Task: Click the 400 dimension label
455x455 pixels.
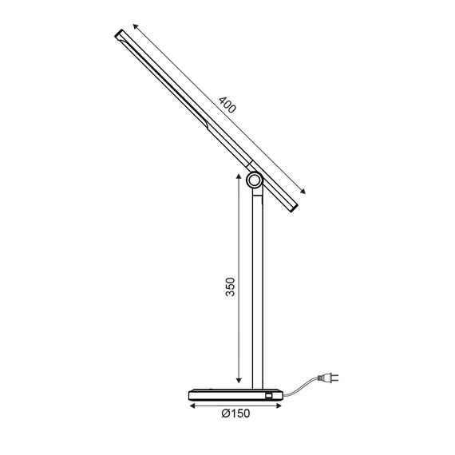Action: click(227, 105)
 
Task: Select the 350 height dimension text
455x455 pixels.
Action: click(229, 287)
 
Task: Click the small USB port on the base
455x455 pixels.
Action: click(269, 394)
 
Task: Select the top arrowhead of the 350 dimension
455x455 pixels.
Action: click(238, 177)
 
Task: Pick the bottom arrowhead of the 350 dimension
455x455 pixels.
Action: click(238, 381)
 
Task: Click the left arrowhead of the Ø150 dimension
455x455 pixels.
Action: click(192, 405)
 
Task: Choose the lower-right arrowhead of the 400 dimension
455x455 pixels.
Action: click(303, 192)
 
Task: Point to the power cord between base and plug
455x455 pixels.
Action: click(303, 387)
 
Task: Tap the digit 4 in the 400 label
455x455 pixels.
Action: click(221, 99)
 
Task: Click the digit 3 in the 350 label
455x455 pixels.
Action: click(229, 295)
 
